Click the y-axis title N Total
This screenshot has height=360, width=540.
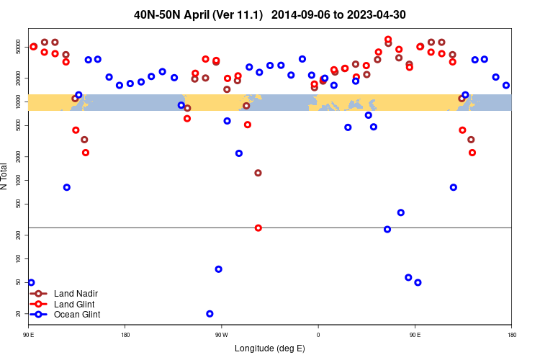pos(4,176)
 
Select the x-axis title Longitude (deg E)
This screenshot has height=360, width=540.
pos(270,348)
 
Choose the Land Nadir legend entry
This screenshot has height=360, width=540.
pos(76,294)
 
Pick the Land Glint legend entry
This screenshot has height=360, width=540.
pos(75,304)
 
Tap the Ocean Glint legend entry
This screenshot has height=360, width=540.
pos(77,315)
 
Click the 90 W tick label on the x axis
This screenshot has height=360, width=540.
pos(221,334)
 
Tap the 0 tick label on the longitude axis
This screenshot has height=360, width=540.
pos(318,334)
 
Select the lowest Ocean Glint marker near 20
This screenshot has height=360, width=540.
pos(210,314)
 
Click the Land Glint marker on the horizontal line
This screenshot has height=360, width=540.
pos(258,228)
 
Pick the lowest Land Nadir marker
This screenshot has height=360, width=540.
pos(258,173)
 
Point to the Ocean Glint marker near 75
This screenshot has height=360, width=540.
pos(218,269)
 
